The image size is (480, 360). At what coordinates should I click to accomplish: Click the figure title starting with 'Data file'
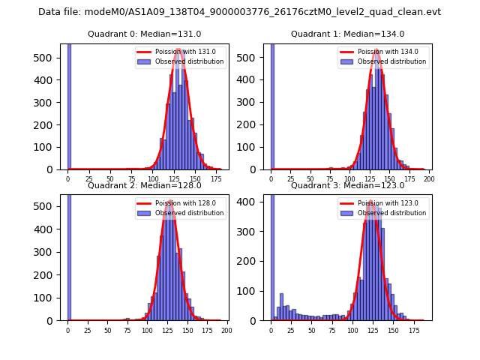pyautogui.click(x=239, y=12)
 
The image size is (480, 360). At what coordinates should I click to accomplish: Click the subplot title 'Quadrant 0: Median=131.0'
pyautogui.click(x=144, y=34)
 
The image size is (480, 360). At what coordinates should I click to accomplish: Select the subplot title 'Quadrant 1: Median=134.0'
pyautogui.click(x=347, y=34)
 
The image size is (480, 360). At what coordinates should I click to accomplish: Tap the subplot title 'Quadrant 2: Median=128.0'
pyautogui.click(x=144, y=185)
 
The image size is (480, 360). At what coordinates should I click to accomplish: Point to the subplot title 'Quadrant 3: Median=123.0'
pyautogui.click(x=347, y=185)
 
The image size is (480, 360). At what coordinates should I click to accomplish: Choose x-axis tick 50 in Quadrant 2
pyautogui.click(x=107, y=331)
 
